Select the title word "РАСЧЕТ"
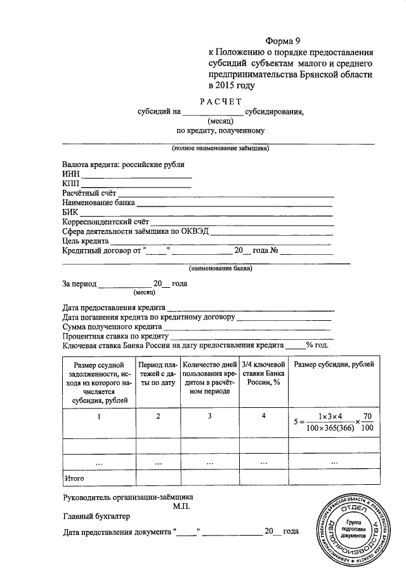(221, 101)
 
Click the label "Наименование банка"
(98, 203)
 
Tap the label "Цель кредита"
(86, 241)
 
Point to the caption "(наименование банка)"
(220, 268)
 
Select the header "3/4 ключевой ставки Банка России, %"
(263, 374)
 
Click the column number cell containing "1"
(98, 417)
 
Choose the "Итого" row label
(75, 476)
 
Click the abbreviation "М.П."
(180, 506)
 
